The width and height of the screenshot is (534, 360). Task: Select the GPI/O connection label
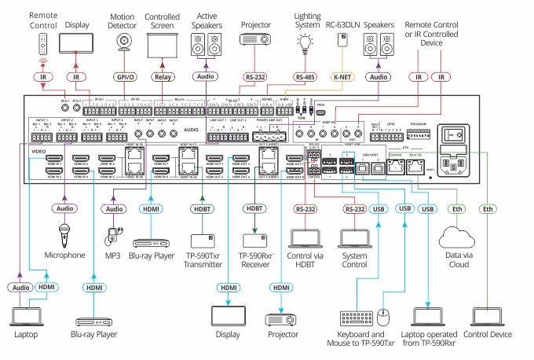124,77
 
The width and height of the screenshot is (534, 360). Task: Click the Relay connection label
163,77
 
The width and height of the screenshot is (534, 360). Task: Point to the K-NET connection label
342,77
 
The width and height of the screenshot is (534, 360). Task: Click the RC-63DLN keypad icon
342,43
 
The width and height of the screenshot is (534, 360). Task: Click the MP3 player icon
115,236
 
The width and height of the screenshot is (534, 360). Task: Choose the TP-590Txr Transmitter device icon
203,239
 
